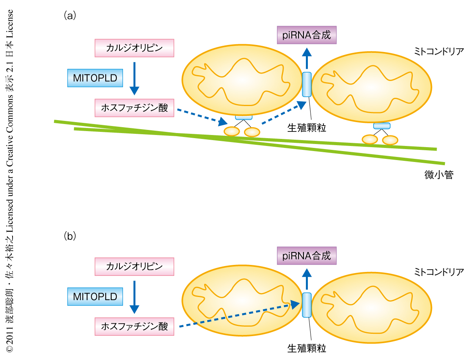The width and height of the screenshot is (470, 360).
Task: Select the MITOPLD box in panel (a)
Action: (95, 78)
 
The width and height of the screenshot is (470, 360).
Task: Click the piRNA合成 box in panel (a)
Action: (307, 35)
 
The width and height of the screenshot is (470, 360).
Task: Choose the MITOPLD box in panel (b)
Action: (95, 297)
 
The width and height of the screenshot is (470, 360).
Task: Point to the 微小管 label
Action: (439, 175)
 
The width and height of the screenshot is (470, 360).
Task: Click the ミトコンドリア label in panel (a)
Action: (439, 52)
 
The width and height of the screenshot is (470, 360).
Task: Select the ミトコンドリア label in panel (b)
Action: (439, 272)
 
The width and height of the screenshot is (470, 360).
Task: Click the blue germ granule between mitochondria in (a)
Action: (307, 84)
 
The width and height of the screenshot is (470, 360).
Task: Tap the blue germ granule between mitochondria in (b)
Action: (307, 304)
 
